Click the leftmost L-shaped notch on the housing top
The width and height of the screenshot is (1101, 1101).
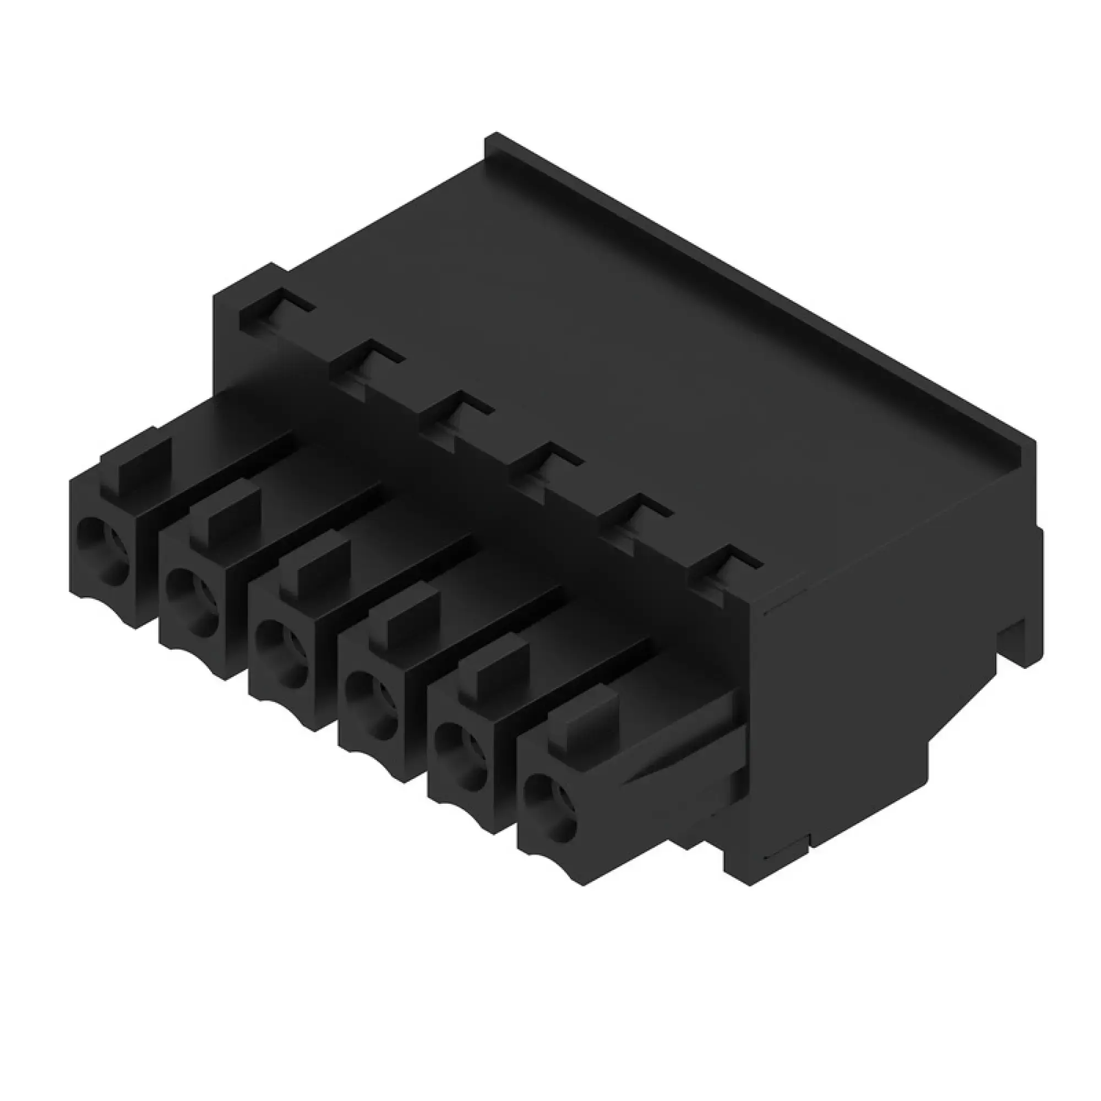[274, 314]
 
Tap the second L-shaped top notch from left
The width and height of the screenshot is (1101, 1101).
[366, 365]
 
